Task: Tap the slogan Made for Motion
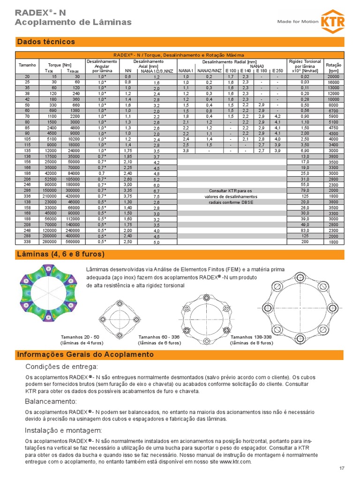coord(297,22)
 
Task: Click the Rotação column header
coord(333,65)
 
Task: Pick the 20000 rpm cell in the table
coord(333,76)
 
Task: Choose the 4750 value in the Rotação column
coord(333,127)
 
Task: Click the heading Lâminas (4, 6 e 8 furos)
coord(60,255)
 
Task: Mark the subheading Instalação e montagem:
coord(63,430)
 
